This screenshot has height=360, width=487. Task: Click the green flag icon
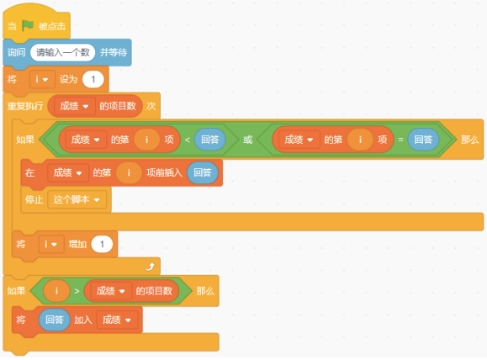coord(28,25)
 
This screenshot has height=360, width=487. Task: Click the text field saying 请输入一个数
coord(63,52)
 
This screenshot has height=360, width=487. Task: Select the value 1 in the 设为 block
coord(93,79)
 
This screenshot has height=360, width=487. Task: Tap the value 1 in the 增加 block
coord(102,244)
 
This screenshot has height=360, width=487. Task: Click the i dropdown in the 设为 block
coord(42,80)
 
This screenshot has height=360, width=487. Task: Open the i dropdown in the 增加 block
coord(51,244)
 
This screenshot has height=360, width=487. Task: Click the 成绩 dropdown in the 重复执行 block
coord(74,106)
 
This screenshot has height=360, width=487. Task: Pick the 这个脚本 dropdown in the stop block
coord(77,199)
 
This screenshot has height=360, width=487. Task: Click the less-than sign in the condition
coord(188,140)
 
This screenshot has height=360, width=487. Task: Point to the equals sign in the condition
coord(400,140)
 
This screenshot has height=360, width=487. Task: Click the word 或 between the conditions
coord(248,140)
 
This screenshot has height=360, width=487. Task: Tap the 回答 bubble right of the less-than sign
coord(210,140)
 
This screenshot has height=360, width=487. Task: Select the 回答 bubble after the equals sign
coord(423,140)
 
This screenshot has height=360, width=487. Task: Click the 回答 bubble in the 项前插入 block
coord(203,172)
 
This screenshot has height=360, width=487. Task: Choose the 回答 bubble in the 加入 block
coord(55,320)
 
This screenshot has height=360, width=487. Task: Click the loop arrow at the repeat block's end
coord(151,267)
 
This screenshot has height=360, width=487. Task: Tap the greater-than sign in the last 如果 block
coord(77,291)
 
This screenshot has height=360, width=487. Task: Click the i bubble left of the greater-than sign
coord(56,291)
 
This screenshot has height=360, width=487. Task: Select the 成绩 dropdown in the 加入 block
coord(117,320)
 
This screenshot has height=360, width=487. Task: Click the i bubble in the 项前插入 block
coord(129,172)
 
